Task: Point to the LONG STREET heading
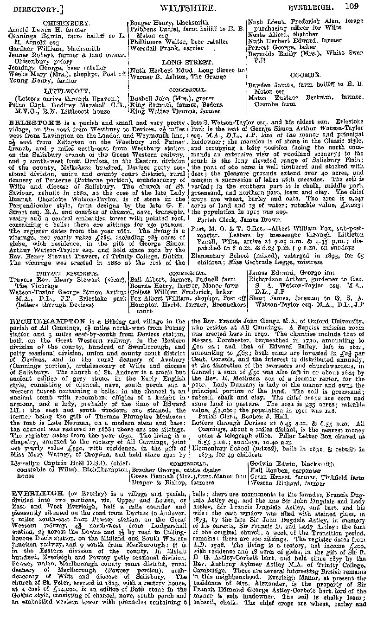pyautogui.click(x=187, y=62)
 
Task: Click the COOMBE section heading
pyautogui.click(x=305, y=75)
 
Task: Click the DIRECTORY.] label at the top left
pyautogui.click(x=32, y=8)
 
